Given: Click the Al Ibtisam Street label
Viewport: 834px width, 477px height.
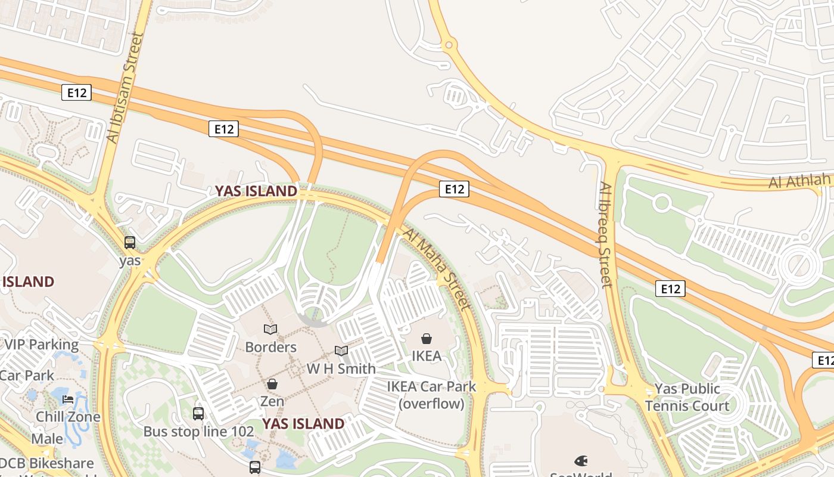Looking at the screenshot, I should point(123,88).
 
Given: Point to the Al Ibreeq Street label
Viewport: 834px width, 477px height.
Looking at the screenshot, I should point(605,235).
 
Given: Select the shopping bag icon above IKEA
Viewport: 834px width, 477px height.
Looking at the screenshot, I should point(427,339).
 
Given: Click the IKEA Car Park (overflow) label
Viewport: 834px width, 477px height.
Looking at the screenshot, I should point(431,395).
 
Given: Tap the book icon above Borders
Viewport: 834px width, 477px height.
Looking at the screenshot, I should point(270,329).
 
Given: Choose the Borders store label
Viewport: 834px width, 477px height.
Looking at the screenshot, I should point(270,347).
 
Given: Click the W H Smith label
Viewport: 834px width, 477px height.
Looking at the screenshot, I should point(341,368).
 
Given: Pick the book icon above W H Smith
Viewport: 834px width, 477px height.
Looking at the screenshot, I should point(341,351).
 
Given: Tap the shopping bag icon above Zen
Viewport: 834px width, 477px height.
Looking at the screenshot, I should point(272,384).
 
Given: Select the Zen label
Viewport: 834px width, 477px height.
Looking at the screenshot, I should point(272,401).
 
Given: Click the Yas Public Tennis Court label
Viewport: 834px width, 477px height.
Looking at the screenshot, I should point(687,398).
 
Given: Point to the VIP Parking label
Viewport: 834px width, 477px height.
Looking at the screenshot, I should point(41,344).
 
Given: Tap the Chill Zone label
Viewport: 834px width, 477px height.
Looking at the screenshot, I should point(68,416).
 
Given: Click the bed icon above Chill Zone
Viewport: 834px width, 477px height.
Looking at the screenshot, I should point(68,399).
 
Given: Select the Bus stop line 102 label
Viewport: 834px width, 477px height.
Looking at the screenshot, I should point(198,431).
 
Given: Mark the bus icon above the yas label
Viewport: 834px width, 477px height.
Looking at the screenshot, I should point(130,243).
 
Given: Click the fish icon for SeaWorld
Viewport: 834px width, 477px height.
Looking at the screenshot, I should point(581,461).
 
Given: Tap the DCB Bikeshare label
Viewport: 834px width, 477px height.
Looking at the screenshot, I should point(46,463).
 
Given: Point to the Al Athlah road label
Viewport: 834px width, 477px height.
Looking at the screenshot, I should point(799,180).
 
